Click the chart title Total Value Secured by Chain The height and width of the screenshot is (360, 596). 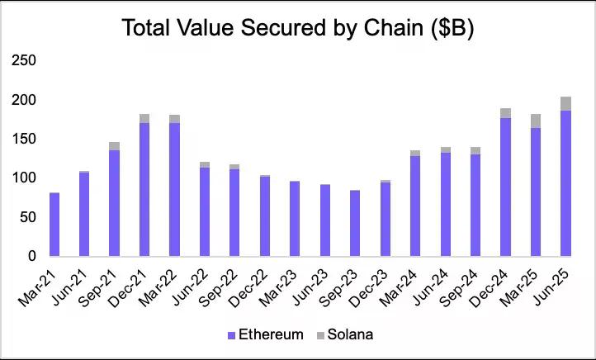click(x=297, y=28)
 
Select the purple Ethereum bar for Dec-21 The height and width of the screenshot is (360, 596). click(x=144, y=189)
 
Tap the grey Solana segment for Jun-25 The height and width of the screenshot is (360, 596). click(x=565, y=103)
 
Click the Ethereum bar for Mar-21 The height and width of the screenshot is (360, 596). click(x=54, y=224)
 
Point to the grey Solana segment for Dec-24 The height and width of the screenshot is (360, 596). click(x=505, y=113)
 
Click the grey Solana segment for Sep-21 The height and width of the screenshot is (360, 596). click(x=115, y=146)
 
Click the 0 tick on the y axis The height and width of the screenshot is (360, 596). click(x=31, y=256)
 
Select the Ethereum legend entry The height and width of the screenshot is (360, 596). click(x=264, y=334)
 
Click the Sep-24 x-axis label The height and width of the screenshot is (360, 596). click(x=466, y=285)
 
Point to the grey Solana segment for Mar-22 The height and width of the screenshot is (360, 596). click(x=175, y=119)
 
